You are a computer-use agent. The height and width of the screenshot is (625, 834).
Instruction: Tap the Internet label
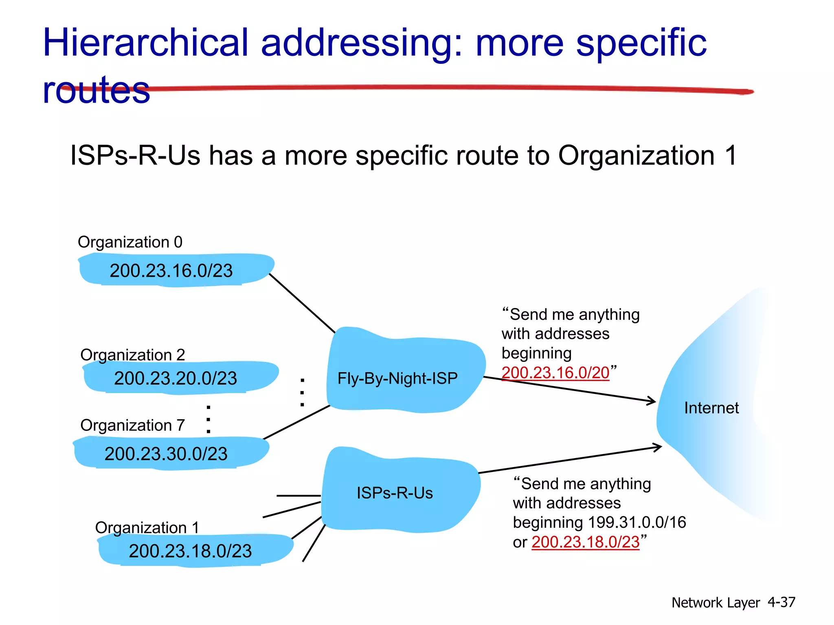[x=711, y=408]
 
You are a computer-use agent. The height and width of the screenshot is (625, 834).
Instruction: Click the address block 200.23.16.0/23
[x=171, y=271]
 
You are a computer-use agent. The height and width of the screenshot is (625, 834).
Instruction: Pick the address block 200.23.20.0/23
[x=176, y=378]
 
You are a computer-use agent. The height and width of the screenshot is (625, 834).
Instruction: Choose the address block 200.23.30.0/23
[x=166, y=453]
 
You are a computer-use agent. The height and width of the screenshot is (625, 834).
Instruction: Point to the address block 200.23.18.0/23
[x=191, y=551]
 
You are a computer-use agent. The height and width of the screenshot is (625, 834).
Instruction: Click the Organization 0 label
[x=130, y=242]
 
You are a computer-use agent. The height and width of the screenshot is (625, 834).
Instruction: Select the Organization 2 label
[x=132, y=355]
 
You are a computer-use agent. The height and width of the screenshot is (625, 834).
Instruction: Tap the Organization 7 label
[x=132, y=425]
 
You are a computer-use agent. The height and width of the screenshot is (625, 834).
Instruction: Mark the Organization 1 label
[x=147, y=527]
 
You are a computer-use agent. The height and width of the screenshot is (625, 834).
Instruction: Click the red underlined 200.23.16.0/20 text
[x=555, y=372]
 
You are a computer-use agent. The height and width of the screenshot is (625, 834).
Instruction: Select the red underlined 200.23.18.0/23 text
[x=586, y=542]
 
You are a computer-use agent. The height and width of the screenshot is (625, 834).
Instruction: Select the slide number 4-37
[x=781, y=602]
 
